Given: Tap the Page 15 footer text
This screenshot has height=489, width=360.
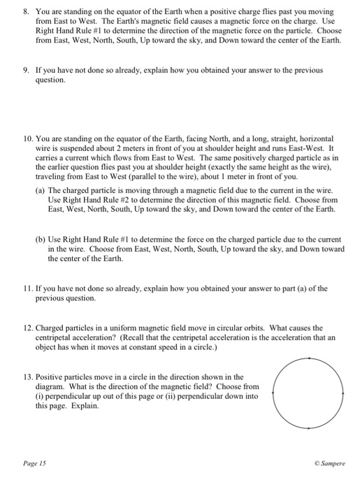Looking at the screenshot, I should tap(33, 462).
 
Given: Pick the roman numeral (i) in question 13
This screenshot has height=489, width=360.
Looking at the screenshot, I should tap(40, 396).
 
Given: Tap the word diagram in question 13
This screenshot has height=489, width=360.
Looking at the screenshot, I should tap(51, 386).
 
